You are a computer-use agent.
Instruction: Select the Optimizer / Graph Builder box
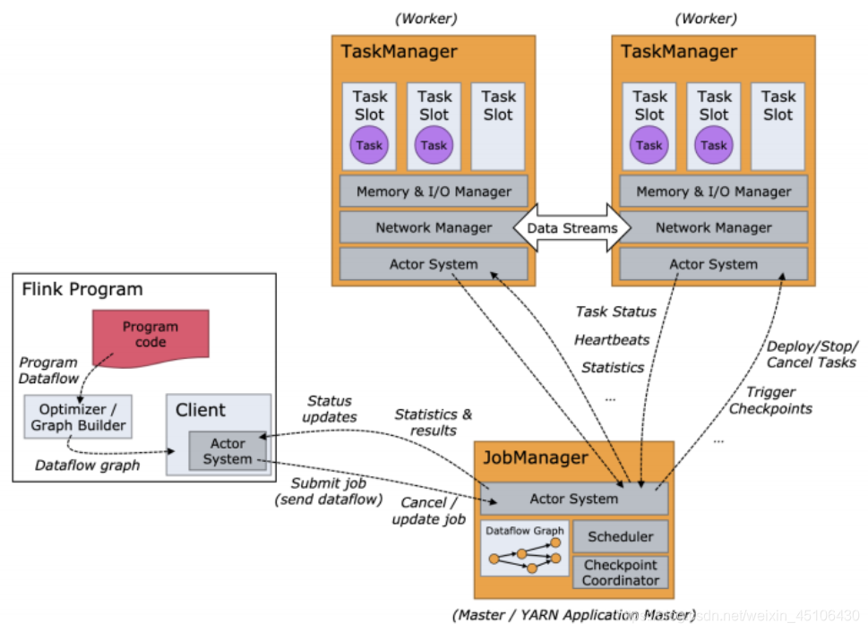(78, 417)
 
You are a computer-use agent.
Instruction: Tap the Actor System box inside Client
(228, 451)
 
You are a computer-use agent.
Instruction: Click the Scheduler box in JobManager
(621, 536)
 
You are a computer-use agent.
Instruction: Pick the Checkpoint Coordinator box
(621, 572)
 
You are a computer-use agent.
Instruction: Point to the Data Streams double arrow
(572, 228)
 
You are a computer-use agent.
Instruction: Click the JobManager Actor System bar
(574, 499)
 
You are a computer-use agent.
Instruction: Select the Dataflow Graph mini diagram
(525, 548)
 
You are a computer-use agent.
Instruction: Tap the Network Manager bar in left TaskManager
(434, 227)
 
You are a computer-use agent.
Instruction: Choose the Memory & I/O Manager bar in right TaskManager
(714, 192)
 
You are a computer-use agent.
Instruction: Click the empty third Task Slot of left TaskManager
(498, 126)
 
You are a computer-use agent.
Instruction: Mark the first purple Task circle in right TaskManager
(649, 145)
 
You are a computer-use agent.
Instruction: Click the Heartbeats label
(612, 340)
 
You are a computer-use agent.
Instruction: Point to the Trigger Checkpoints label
(770, 400)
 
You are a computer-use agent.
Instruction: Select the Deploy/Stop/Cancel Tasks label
(812, 354)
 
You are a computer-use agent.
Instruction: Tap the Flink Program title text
(82, 289)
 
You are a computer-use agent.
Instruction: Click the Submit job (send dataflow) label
(329, 491)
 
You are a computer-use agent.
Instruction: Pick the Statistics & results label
(434, 423)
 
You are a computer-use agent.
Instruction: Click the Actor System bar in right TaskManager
(714, 264)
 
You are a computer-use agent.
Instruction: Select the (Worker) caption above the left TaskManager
(426, 19)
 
